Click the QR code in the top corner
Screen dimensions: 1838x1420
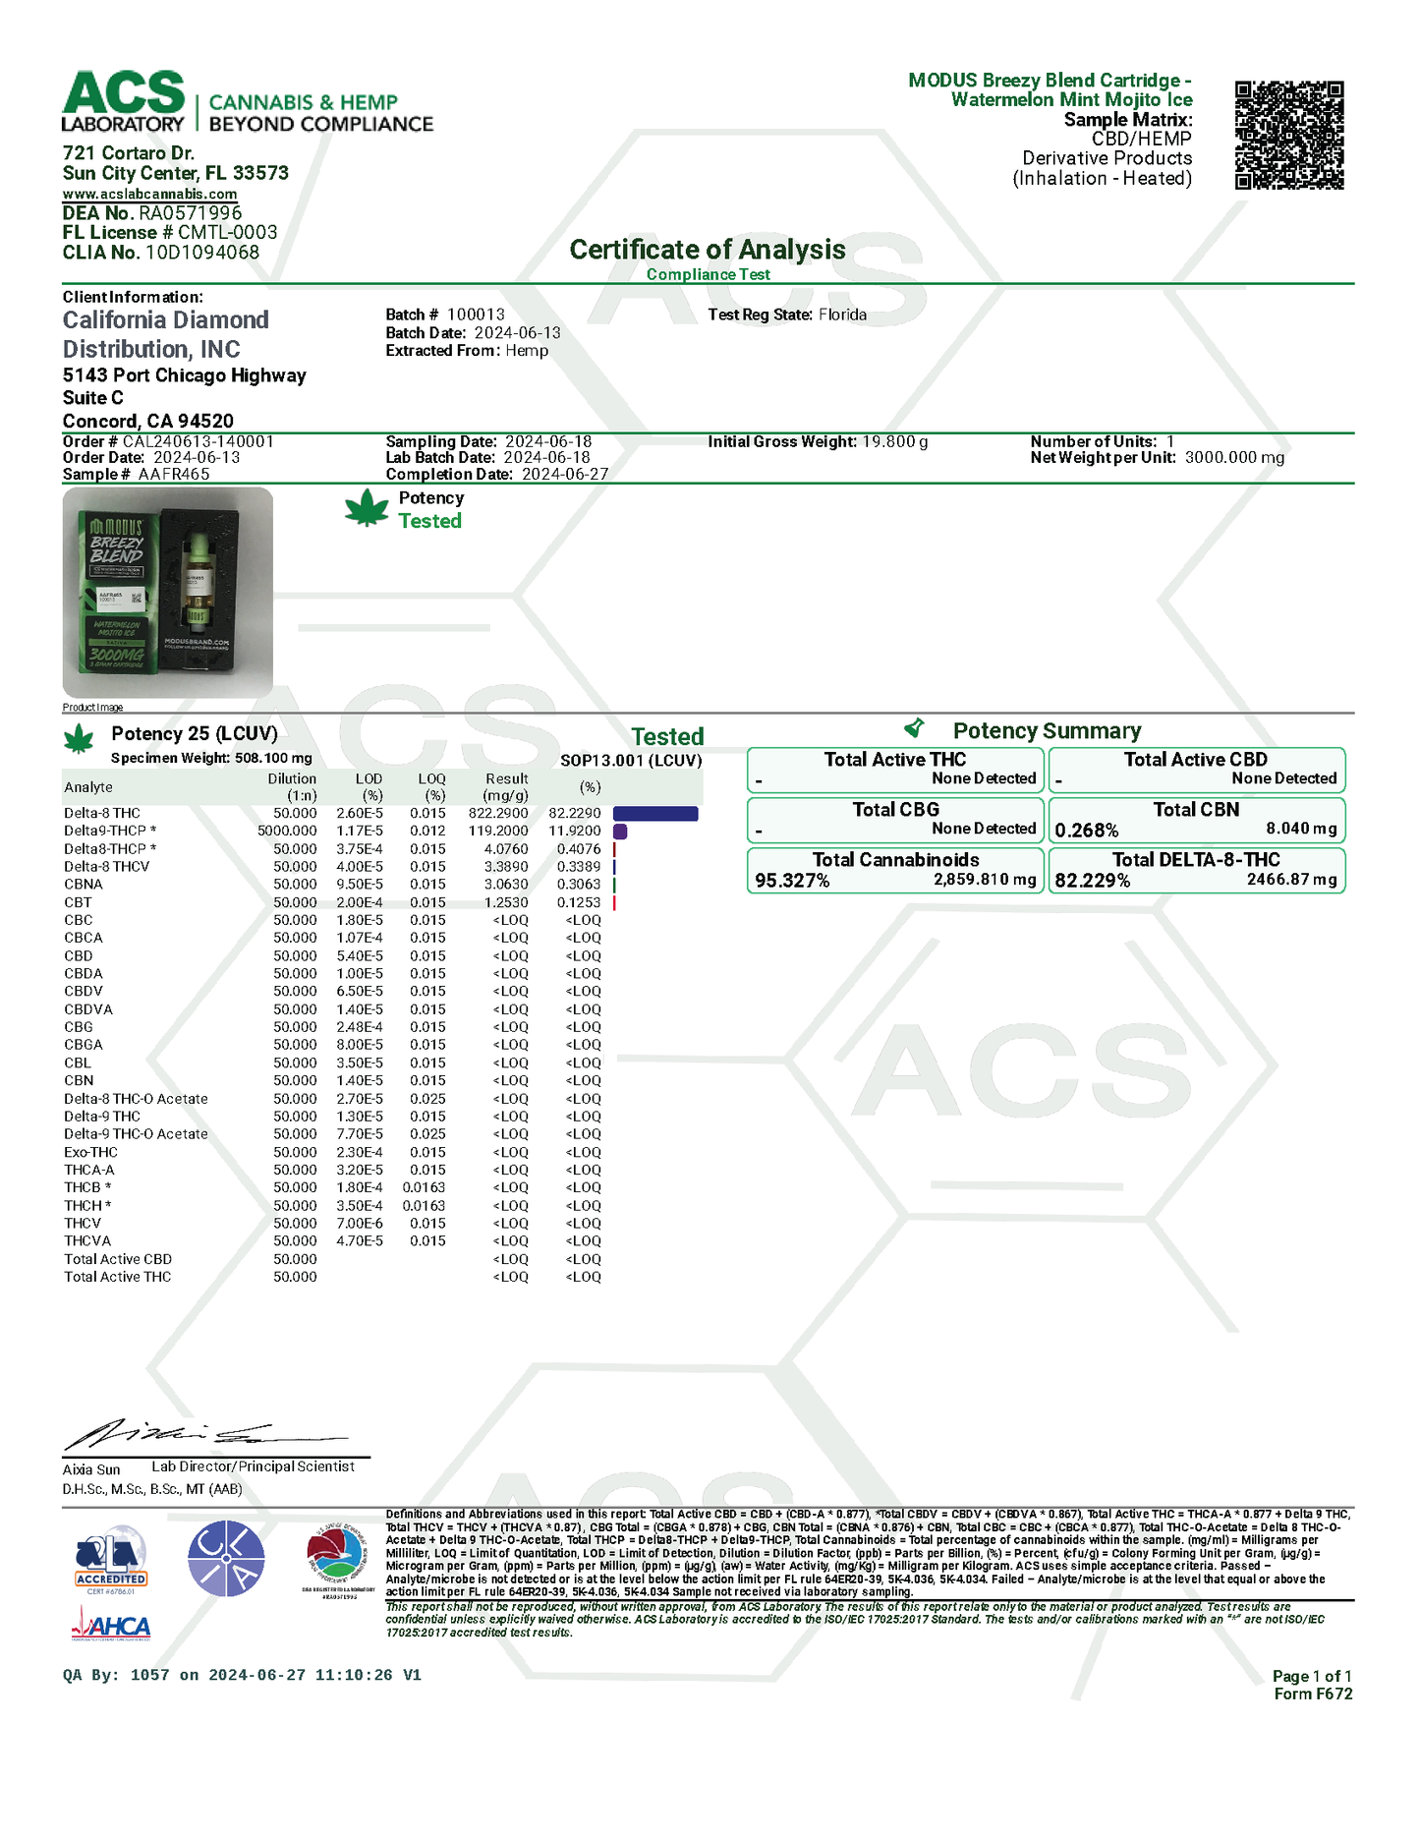[x=1288, y=135]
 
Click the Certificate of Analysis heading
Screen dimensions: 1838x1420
[x=707, y=250]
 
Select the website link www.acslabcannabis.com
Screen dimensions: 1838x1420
[x=149, y=194]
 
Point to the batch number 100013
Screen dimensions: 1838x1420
[x=476, y=315]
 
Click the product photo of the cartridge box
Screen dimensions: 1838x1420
[x=168, y=593]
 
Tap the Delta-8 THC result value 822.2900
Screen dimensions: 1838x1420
[x=498, y=814]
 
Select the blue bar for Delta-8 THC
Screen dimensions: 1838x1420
[x=655, y=814]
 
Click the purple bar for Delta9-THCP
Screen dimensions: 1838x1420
[x=620, y=832]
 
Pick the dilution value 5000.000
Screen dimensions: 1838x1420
[x=287, y=832]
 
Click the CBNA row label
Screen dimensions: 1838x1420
[x=84, y=885]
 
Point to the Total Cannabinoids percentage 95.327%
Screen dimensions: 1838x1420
[x=792, y=881]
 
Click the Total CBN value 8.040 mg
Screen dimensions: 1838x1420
[x=1301, y=829]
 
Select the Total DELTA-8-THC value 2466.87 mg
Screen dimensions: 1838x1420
[x=1291, y=880]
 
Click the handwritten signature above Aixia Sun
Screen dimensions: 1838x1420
[x=197, y=1436]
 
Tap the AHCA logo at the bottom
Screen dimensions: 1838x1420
[x=112, y=1628]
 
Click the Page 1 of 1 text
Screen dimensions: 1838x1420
[x=1311, y=1677]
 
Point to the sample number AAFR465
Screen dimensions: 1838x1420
[x=174, y=475]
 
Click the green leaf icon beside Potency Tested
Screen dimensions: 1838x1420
[x=368, y=509]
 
